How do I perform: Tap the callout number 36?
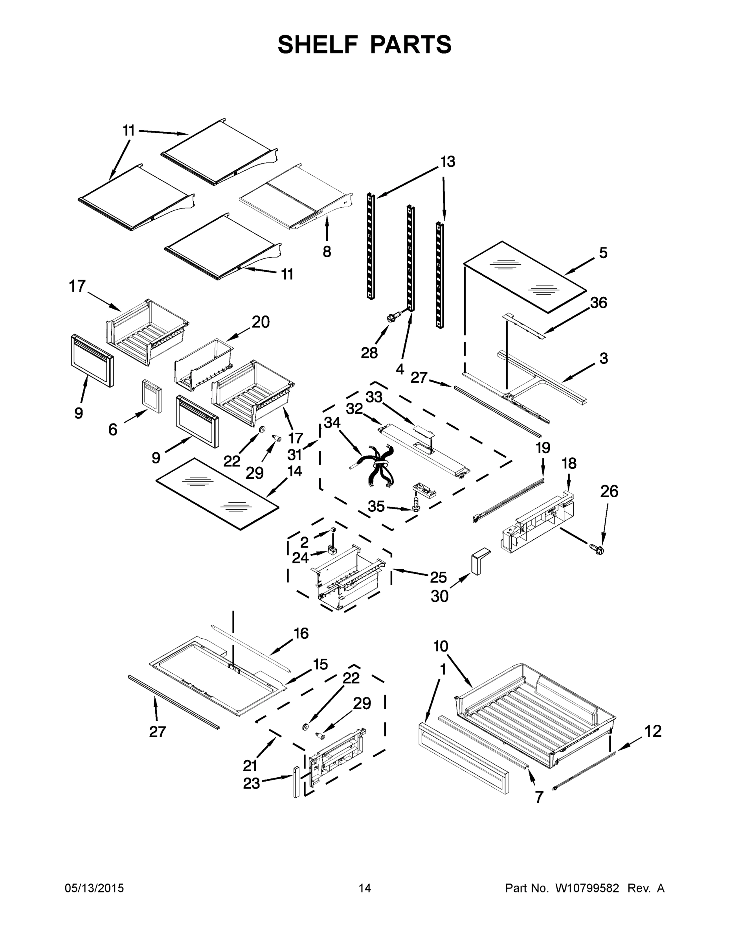coord(598,302)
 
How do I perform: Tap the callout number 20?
coord(261,322)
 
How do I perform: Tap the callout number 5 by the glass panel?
coord(603,253)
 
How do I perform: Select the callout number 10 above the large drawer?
coord(441,658)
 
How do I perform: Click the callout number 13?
coord(447,162)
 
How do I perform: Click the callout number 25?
coord(438,577)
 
